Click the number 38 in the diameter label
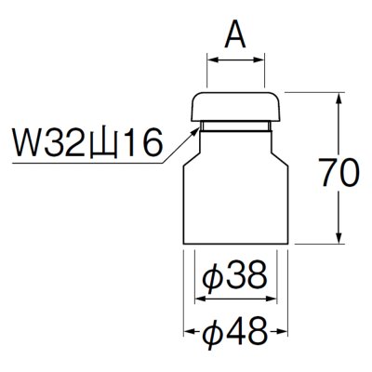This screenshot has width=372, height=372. (246, 276)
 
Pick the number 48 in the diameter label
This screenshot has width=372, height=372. (246, 329)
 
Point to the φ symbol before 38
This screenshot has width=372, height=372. (212, 276)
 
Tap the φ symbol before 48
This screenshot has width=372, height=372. (212, 329)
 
